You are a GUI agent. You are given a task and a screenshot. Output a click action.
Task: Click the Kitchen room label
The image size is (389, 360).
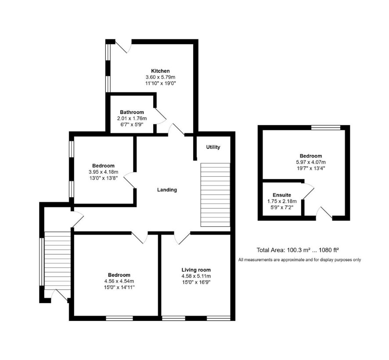pos(161,71)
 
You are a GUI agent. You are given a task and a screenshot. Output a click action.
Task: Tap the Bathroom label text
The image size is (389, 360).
pos(132,112)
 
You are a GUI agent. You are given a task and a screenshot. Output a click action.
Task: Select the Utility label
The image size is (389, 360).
pos(213,147)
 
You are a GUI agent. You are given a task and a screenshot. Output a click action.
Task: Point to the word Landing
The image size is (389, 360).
pos(167,190)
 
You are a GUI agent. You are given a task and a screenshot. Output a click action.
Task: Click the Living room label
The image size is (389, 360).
pos(196,270)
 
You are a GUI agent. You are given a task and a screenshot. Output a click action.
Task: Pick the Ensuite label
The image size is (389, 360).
pos(282,195)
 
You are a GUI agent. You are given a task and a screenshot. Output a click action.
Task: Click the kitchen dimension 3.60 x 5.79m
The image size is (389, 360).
pos(160,77)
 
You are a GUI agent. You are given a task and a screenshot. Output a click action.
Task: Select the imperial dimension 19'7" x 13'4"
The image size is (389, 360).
pos(310,168)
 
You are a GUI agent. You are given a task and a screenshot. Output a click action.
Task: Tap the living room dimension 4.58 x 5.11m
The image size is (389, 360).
pos(196,276)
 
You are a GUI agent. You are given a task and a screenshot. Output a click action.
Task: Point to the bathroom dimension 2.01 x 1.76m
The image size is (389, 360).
pos(132,118)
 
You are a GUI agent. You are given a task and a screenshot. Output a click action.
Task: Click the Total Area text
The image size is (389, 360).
pos(298,250)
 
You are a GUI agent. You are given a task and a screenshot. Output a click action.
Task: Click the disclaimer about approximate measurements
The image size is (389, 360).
pos(299,260)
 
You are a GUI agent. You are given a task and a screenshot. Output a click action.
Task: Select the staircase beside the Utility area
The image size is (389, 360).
pos(215,195)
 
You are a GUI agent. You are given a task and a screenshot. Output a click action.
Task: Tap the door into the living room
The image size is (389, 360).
pos(182,239)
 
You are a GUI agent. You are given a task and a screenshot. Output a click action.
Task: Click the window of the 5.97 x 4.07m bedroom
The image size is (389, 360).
pos(326,127)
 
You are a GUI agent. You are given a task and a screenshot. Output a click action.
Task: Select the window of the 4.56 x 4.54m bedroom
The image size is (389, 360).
pos(119,318)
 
